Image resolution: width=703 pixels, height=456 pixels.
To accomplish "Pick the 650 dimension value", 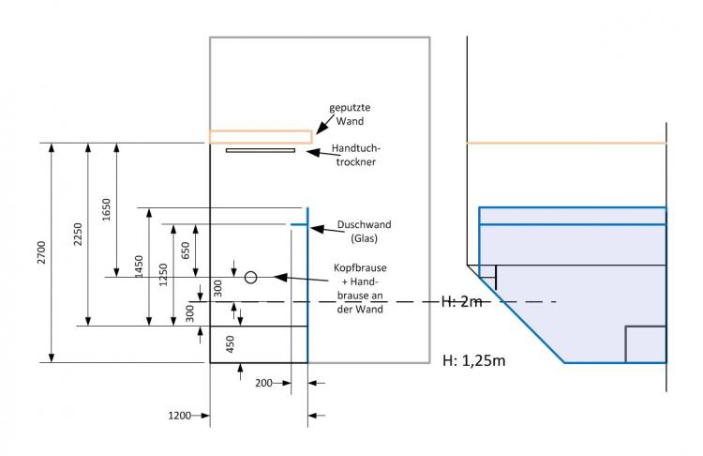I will point(186,251).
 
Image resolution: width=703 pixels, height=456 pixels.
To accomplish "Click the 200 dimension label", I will point(263,384).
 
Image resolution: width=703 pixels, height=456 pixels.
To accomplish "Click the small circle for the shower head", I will point(250,277).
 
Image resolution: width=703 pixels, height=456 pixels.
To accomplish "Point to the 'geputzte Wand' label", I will point(347,114).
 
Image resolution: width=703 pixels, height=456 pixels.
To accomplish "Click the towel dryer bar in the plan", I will point(260,149).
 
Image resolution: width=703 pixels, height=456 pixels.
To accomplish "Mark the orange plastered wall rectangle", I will point(260,137).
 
